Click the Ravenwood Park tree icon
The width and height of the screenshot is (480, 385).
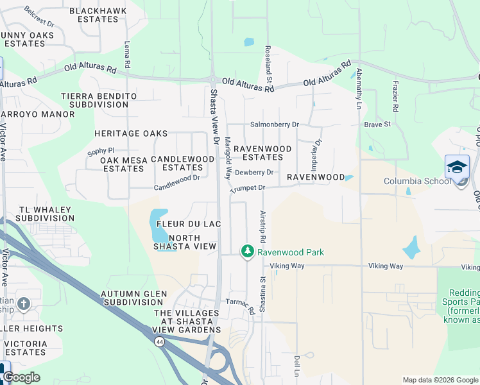(x=247, y=252)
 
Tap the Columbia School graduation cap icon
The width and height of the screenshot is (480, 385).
(x=457, y=167)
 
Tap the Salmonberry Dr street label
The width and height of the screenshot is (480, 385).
(x=275, y=124)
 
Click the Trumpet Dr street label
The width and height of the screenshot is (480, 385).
(x=248, y=188)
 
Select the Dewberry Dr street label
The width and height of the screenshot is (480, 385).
(x=254, y=173)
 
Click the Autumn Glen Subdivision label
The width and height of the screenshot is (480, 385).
(x=134, y=298)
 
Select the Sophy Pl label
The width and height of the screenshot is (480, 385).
(x=100, y=151)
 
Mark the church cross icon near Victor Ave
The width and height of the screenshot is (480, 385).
(x=24, y=303)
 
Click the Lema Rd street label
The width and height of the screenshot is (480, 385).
(x=127, y=55)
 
